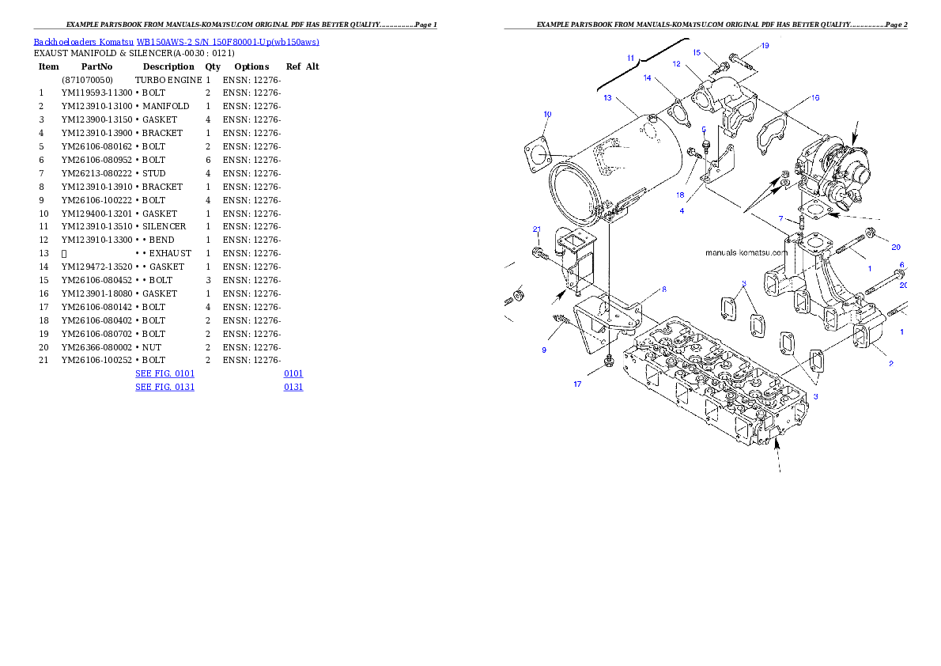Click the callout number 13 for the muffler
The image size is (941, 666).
pos(607,98)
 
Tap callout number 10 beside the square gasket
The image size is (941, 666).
pos(547,114)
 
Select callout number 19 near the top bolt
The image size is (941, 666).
pos(765,46)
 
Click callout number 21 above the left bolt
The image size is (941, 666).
pos(537,229)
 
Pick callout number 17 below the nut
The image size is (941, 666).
pos(577,384)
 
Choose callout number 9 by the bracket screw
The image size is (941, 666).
pos(544,350)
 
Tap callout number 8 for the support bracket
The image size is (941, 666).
pos(663,289)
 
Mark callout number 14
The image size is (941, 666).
pos(647,78)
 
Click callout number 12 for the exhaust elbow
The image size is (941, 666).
pos(677,63)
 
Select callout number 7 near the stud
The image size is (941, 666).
pos(780,218)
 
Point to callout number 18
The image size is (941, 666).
pos(680,195)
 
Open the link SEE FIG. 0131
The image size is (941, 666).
pos(164,387)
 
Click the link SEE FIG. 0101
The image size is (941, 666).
pos(164,373)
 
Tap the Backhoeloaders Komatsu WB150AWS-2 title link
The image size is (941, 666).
pos(176,42)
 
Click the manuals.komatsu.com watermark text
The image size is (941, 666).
pos(746,253)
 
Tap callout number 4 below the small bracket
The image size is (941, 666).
pos(681,210)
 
